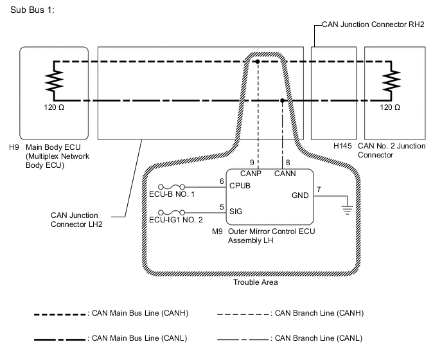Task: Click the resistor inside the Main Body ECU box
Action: tap(53, 82)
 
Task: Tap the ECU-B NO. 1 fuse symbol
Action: tap(174, 186)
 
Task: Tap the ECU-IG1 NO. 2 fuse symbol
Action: tap(174, 210)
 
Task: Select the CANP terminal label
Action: tap(251, 173)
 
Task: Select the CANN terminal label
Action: tap(283, 173)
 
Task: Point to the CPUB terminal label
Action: tap(240, 186)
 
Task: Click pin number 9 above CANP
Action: tap(252, 163)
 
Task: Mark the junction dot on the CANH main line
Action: tap(257, 62)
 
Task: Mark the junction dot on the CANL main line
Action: tap(283, 100)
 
